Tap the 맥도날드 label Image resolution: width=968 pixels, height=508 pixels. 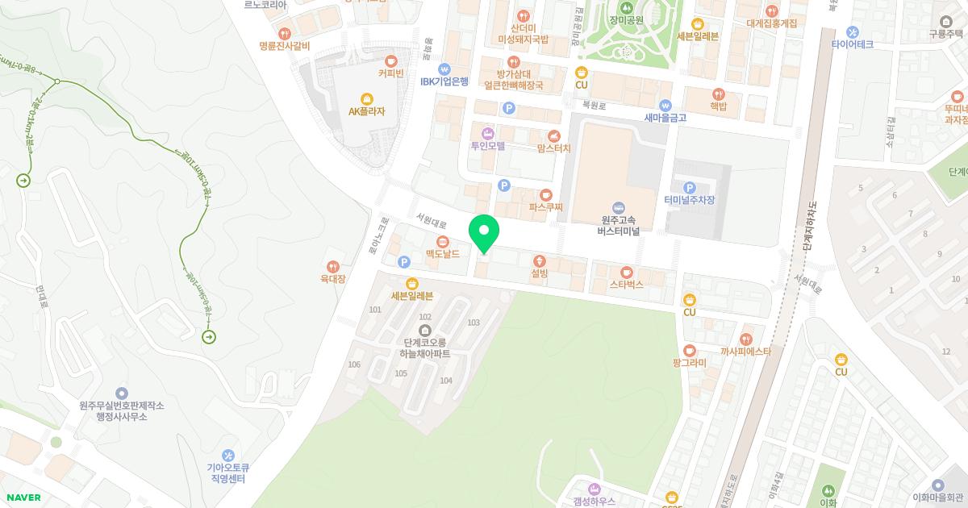click(x=443, y=255)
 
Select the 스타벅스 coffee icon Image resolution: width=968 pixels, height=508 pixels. click(x=626, y=272)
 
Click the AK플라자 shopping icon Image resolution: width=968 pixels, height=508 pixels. click(x=367, y=98)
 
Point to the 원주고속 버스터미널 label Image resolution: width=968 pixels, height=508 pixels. click(x=619, y=225)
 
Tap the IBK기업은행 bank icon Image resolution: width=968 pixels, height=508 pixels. click(x=444, y=69)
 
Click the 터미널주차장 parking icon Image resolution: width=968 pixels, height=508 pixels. click(x=690, y=187)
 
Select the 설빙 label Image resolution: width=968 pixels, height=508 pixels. click(x=540, y=274)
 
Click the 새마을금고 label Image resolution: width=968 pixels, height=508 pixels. click(x=665, y=118)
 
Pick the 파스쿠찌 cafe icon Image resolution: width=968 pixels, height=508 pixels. click(x=546, y=194)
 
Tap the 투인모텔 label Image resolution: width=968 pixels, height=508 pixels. click(x=487, y=147)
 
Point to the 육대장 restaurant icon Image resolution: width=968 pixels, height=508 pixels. click(x=332, y=267)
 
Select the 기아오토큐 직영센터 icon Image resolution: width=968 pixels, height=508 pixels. click(x=228, y=456)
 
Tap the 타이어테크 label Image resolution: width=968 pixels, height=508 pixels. click(x=852, y=45)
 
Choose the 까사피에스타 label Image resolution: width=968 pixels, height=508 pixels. click(x=745, y=352)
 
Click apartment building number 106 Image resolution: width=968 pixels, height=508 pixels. click(x=354, y=364)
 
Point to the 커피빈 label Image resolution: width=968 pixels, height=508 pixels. click(x=391, y=73)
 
